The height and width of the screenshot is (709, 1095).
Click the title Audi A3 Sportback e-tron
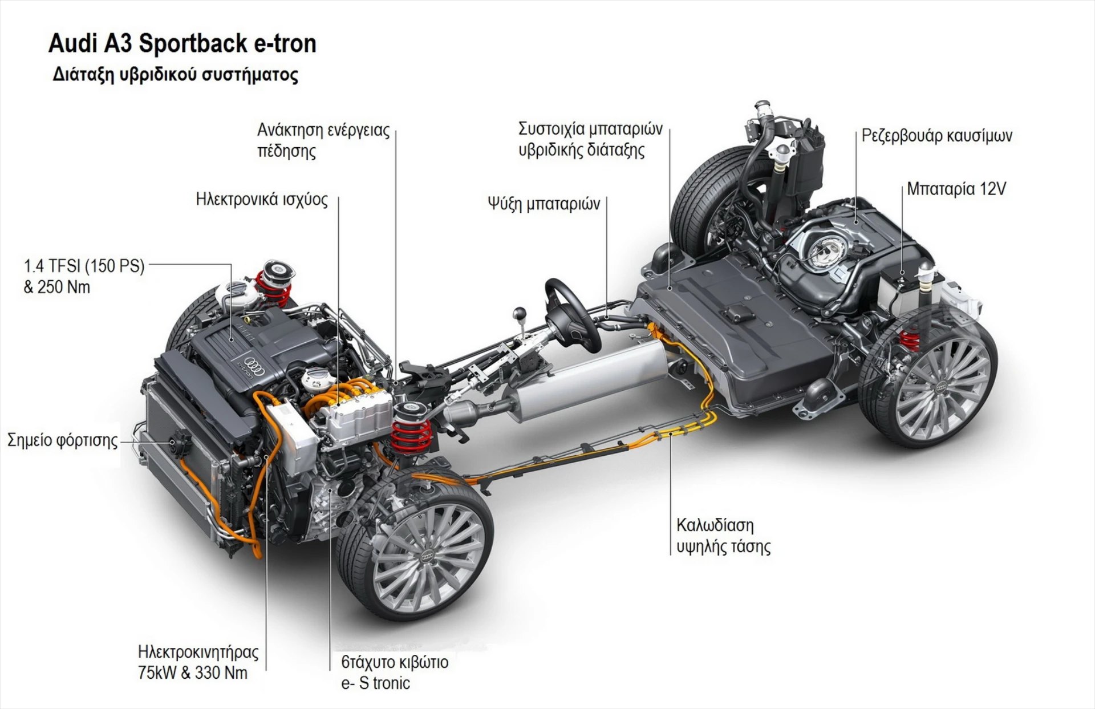tap(182, 44)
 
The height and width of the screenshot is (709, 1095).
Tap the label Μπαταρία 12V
tap(956, 189)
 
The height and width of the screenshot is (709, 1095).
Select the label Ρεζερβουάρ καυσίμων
tap(936, 136)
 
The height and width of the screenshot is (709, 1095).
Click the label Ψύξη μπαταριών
tap(544, 204)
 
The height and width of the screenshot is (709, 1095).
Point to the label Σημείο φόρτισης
tap(62, 440)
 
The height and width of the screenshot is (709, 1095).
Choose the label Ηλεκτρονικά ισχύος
tap(262, 199)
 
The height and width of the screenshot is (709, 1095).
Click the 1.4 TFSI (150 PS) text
tap(84, 266)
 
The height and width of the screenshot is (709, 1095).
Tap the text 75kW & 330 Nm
tap(193, 673)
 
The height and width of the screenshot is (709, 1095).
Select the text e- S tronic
tap(375, 683)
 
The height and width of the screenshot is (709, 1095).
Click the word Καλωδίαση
tap(715, 525)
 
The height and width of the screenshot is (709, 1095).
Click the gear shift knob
tap(520, 314)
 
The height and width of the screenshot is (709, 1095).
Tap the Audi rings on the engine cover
tap(255, 366)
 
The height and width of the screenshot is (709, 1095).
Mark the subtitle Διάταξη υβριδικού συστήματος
tap(175, 75)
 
